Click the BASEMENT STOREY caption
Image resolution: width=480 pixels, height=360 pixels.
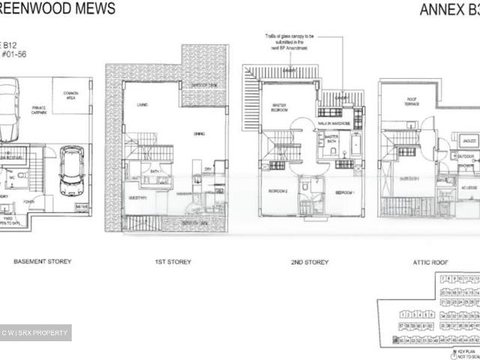pyautogui.click(x=43, y=262)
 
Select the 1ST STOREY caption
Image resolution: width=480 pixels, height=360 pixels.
pyautogui.click(x=172, y=262)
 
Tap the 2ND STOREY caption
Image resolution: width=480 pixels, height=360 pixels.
pyautogui.click(x=310, y=262)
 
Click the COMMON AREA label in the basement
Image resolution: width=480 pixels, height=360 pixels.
pyautogui.click(x=65, y=96)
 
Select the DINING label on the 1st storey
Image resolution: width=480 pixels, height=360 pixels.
pyautogui.click(x=199, y=133)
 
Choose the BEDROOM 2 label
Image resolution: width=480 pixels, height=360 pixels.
pyautogui.click(x=278, y=191)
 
